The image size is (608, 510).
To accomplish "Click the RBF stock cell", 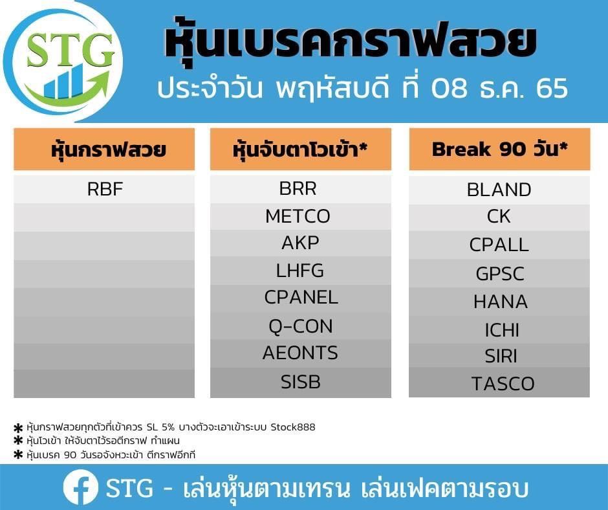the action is pos(105,190).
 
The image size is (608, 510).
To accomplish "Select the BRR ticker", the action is pos(298,188).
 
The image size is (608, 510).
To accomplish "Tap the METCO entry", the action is pos(298,216).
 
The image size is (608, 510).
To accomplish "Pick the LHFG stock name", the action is pos(299,271).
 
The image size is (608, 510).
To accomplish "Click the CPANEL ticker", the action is pos(301,298).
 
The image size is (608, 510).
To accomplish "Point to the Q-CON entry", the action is pos(301,326).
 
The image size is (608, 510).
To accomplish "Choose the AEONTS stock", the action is pos(300,353).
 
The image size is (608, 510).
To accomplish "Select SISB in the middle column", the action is pos(301,382).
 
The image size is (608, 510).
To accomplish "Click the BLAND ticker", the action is pos(499,190).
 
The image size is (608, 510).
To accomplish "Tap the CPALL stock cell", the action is pos(499,245).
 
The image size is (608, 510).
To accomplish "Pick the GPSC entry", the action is pos(500,274).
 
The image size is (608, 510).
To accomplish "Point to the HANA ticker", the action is pos(501,302).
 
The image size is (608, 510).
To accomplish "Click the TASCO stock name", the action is pos(503,384).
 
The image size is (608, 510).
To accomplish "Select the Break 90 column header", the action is pos(499,150).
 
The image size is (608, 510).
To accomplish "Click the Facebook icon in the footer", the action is pos(81,487).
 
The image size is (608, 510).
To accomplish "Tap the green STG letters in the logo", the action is pos(71,50).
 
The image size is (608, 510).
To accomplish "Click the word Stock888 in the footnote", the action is pos(293,427).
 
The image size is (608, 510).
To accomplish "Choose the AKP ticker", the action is pos(300,243).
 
